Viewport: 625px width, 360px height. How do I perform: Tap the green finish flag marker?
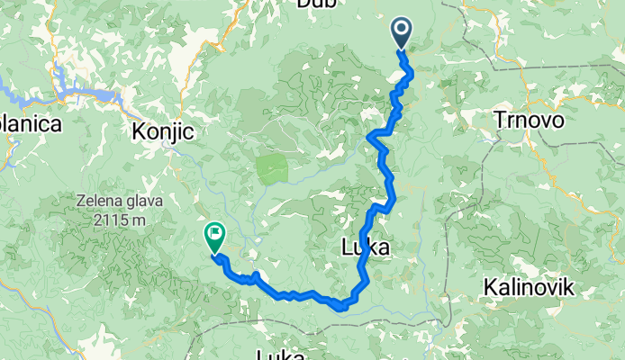coord(215,238)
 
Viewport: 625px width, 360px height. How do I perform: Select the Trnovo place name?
coord(530,120)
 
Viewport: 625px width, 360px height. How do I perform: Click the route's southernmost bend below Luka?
coord(341,308)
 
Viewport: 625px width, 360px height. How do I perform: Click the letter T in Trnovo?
coord(500,120)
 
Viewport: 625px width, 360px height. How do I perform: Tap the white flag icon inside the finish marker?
coord(215,235)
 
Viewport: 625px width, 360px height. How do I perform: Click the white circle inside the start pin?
coord(402,31)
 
